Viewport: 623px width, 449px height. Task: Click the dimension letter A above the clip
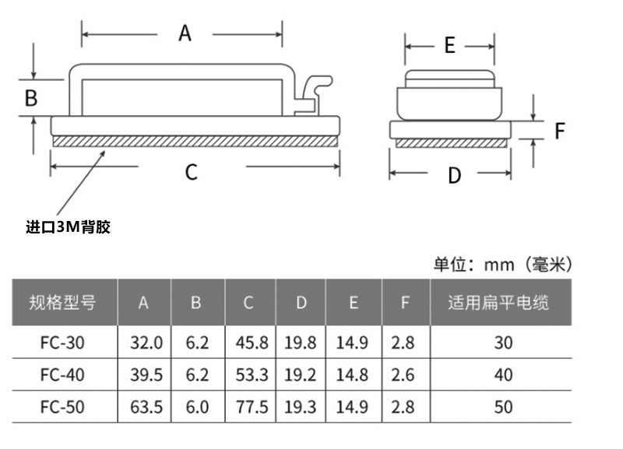[185, 33]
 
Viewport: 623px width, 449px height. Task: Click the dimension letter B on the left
[31, 98]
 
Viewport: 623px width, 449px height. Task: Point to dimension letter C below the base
[192, 171]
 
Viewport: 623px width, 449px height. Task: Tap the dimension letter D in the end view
[455, 175]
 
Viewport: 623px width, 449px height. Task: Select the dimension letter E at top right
[449, 46]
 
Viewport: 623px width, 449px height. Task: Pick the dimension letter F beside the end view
[559, 132]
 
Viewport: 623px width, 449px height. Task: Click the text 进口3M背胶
[69, 227]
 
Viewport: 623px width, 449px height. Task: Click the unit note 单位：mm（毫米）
[503, 265]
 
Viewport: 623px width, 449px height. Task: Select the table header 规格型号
[62, 302]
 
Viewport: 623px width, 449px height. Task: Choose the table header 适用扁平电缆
[498, 302]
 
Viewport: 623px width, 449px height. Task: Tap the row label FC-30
[62, 342]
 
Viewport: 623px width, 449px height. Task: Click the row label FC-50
[62, 407]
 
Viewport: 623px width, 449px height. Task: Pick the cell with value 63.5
[146, 407]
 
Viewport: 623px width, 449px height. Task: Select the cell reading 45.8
[252, 342]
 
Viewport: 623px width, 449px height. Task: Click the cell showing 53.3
[252, 375]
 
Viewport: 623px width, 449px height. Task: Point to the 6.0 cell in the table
[198, 407]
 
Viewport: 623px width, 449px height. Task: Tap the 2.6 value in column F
[405, 375]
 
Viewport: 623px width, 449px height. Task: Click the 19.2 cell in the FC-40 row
[301, 375]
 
